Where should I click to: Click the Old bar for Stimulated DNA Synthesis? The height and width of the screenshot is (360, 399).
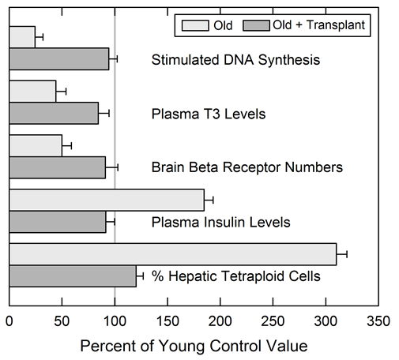point(22,36)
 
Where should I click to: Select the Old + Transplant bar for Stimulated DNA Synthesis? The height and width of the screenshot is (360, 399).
point(59,59)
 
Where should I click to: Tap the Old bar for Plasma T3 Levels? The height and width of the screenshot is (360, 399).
point(32,91)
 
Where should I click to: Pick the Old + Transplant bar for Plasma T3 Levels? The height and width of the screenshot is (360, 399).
point(54,114)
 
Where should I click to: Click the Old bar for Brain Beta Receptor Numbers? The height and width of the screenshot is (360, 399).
point(36,145)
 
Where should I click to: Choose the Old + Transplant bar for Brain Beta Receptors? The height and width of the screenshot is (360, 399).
point(57,167)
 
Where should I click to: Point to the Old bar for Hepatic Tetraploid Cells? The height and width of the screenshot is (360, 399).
point(172,254)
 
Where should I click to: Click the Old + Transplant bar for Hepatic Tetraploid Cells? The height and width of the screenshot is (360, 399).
point(73,276)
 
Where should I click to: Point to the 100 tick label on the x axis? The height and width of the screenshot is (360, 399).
point(115,321)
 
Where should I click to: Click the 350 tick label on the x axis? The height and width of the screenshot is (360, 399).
point(378,321)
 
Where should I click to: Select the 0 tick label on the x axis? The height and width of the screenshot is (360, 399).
point(9,321)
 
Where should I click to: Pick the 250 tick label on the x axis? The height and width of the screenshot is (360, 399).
point(273,321)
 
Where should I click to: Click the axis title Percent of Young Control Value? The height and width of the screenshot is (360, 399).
point(194,346)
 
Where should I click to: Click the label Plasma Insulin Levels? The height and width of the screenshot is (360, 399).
point(220,222)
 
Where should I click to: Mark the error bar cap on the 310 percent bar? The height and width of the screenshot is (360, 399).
point(347,254)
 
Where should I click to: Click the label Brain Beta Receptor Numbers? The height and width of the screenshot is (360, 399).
point(247,167)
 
